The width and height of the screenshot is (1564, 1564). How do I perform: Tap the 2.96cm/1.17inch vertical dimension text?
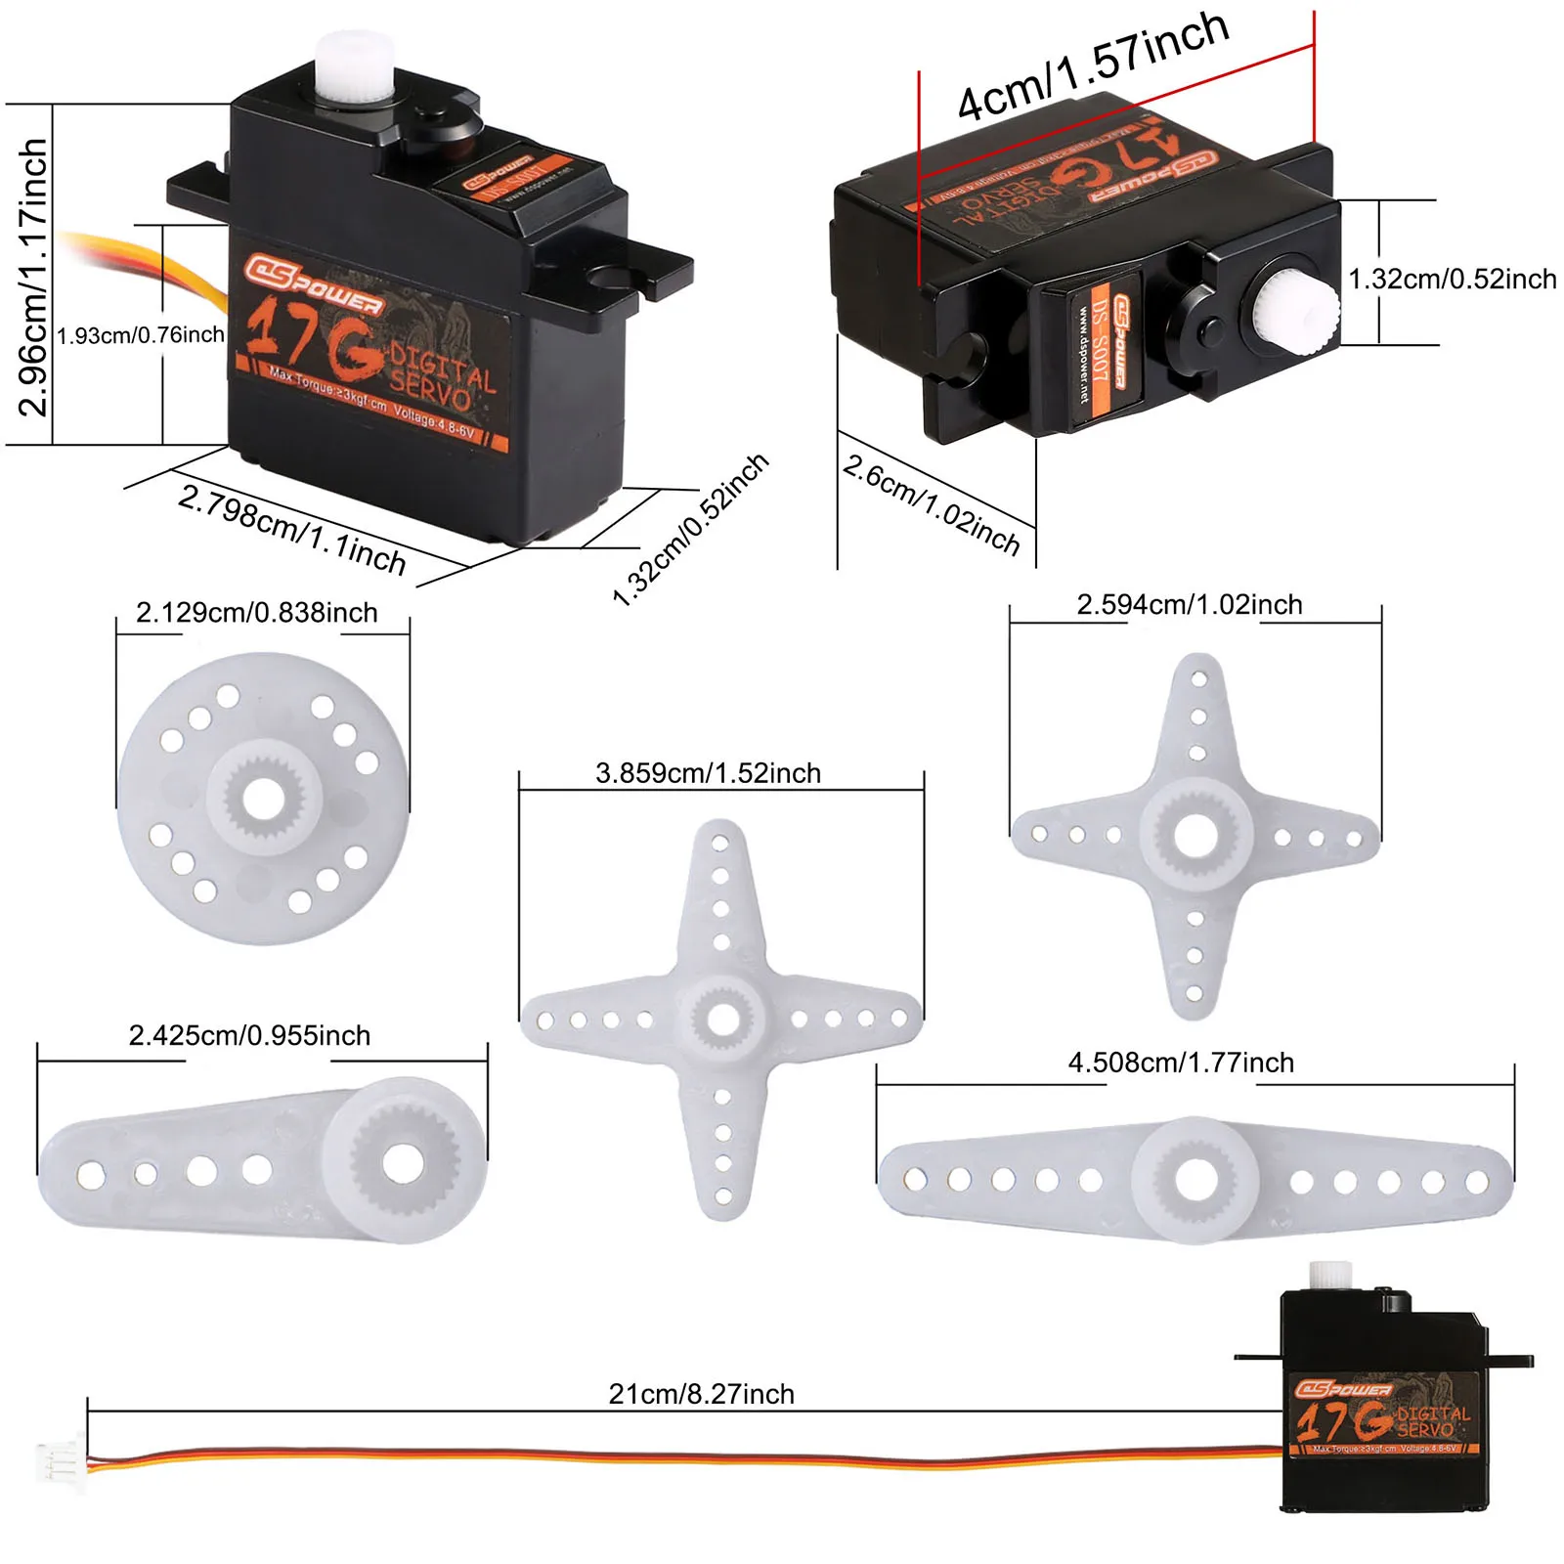(32, 277)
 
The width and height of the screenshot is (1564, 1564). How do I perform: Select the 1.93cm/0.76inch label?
(141, 335)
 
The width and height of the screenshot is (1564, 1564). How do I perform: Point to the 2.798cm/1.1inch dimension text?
(291, 529)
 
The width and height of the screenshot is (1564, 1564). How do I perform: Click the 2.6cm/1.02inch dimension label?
(931, 504)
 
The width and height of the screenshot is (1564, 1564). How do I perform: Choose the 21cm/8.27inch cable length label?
(701, 1394)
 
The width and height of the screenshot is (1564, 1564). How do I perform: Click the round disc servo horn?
(262, 800)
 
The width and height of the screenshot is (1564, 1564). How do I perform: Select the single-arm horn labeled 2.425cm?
(262, 1162)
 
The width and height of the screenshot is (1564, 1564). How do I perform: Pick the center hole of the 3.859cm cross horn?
(722, 1020)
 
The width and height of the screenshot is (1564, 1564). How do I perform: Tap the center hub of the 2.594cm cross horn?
(1195, 836)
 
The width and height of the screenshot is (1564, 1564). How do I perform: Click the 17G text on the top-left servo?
(313, 338)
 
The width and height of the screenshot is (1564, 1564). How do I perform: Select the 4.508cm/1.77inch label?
(1180, 1063)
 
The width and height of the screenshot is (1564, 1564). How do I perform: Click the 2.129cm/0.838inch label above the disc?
(256, 613)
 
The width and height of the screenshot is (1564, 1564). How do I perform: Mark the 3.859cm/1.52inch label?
(708, 773)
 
